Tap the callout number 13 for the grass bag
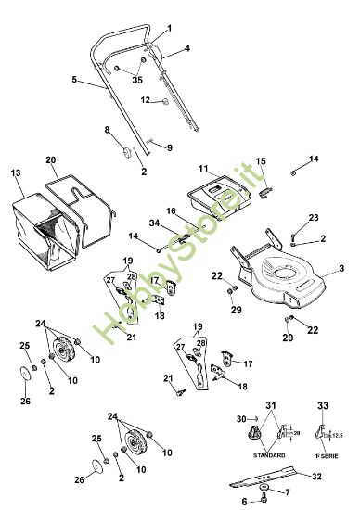point(15,173)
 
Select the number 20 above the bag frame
point(52,159)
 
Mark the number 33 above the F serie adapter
point(323,406)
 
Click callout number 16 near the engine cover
point(172,211)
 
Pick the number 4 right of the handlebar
point(186,46)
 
